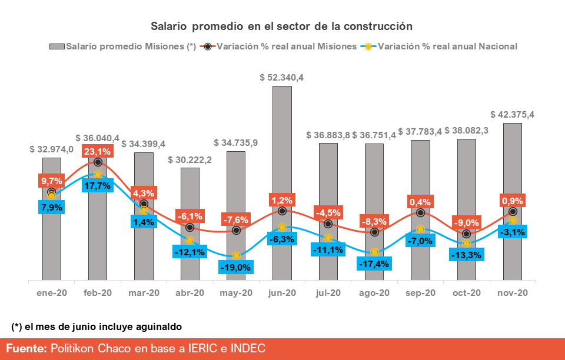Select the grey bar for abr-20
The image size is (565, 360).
[x=190, y=259]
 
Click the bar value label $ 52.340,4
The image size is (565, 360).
[x=282, y=77]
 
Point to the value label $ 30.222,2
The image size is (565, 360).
[x=190, y=159]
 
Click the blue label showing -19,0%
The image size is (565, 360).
[x=236, y=268]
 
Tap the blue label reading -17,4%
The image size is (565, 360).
[x=374, y=264]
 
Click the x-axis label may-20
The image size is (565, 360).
[x=236, y=292]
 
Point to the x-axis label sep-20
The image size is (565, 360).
[x=420, y=292]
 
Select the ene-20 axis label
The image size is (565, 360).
[x=52, y=292]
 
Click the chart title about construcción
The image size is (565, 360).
[x=281, y=26]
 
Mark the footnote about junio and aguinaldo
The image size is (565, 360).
[x=97, y=326]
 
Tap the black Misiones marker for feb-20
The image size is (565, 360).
[x=98, y=162]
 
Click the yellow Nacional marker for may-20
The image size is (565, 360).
[x=236, y=256]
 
